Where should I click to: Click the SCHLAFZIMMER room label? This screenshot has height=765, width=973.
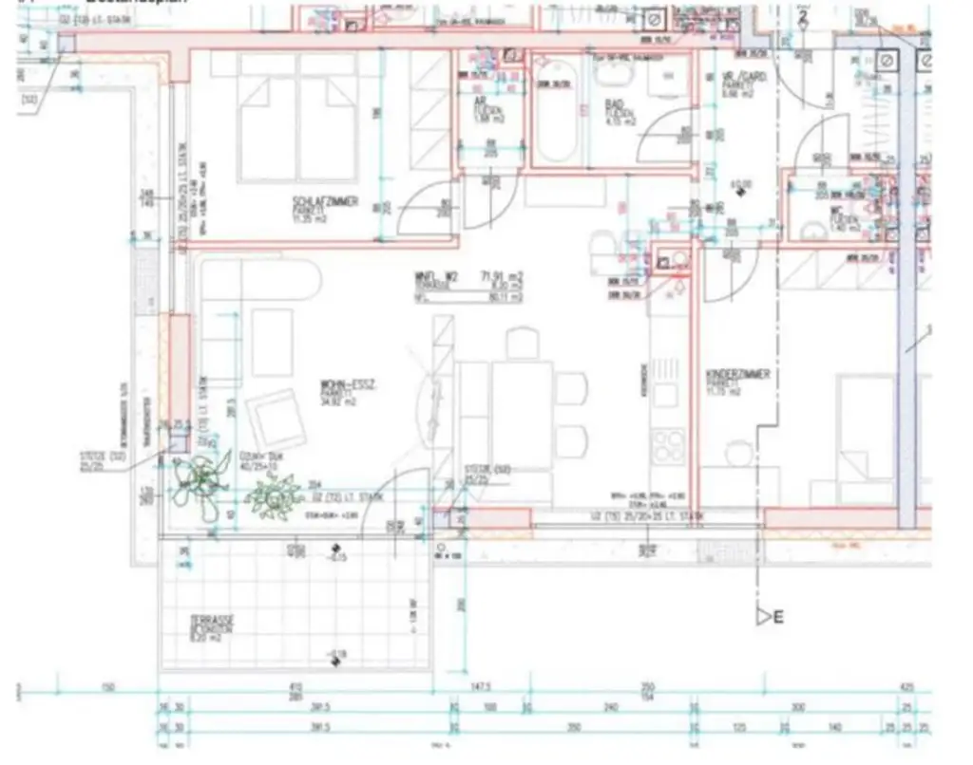point(325,201)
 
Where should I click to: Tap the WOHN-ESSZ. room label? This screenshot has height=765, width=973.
point(349,383)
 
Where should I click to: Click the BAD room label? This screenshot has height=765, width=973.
point(614,106)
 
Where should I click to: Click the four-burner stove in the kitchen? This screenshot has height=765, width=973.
point(668,446)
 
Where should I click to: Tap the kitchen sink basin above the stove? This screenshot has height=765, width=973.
point(665,394)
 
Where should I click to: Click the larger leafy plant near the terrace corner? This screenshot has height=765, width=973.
point(200,477)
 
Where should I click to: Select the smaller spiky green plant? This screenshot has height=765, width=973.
point(272,494)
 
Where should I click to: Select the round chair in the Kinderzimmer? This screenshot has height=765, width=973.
point(737,455)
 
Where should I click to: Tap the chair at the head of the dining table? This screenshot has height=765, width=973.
point(522,342)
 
